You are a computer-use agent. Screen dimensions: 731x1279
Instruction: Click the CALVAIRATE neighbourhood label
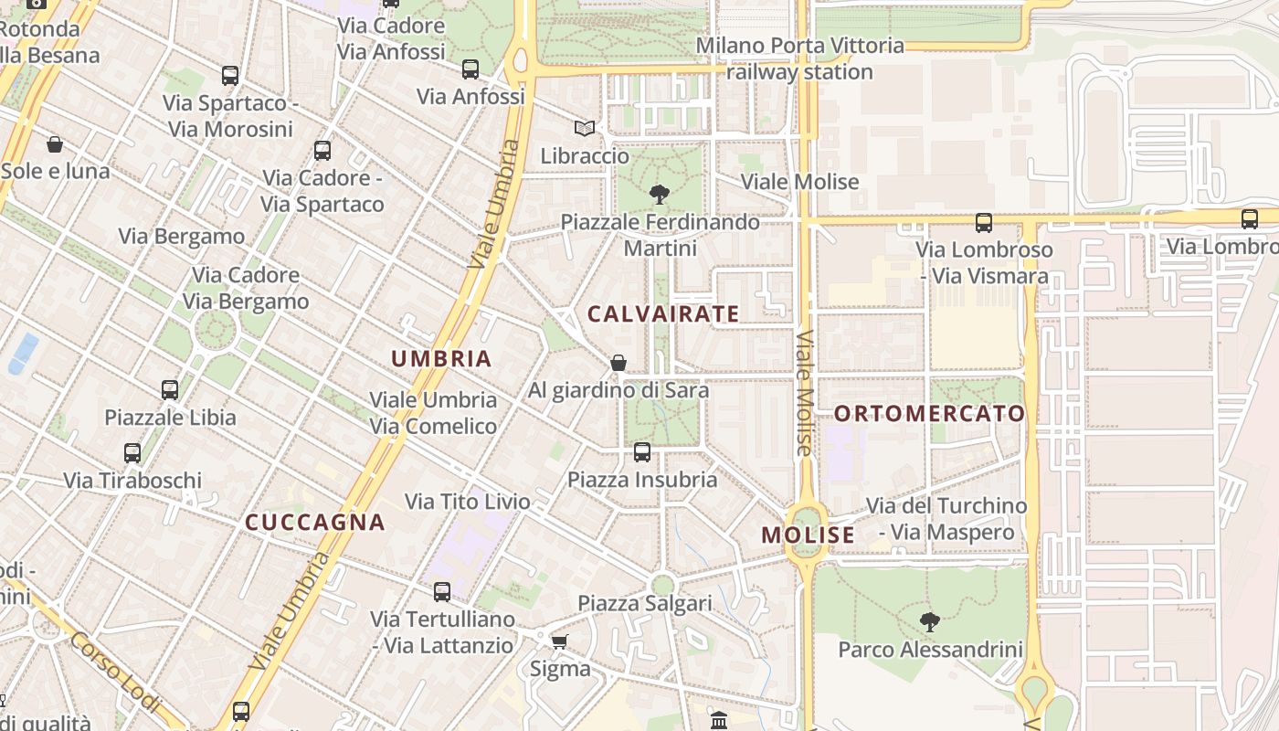663,314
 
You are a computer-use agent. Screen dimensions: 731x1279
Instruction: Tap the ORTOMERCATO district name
930,414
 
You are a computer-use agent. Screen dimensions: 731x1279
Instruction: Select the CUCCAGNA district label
315,523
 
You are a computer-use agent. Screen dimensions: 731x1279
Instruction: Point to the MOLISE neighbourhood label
809,535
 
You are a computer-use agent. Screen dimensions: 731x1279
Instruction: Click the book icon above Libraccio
585,129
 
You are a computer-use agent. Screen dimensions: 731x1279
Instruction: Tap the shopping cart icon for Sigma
560,641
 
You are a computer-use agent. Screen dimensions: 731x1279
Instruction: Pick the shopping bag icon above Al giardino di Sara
618,363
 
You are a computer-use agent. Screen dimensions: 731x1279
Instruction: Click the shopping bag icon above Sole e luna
55,144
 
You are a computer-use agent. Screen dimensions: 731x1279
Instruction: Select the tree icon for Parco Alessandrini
930,622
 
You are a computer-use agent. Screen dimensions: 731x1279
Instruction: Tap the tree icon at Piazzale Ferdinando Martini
659,194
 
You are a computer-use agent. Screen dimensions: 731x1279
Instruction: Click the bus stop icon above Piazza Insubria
642,451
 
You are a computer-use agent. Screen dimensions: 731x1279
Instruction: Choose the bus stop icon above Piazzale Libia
170,390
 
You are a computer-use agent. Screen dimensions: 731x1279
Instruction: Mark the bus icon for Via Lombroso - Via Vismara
984,222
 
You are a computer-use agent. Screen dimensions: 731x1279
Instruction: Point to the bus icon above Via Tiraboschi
132,453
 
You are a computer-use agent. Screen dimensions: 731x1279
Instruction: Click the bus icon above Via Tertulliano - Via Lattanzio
442,592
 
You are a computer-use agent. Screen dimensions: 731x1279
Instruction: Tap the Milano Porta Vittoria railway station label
800,58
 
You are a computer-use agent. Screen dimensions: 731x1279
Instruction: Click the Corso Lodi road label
114,673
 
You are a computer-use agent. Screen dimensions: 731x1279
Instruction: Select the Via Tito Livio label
468,502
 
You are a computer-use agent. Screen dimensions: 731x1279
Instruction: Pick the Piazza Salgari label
645,603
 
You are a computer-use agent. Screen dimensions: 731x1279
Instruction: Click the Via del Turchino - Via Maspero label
946,519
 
